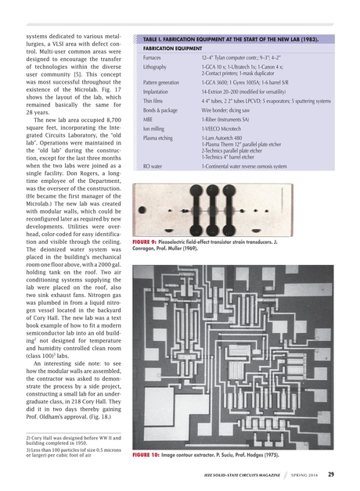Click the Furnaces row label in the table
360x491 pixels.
pyautogui.click(x=153, y=58)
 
